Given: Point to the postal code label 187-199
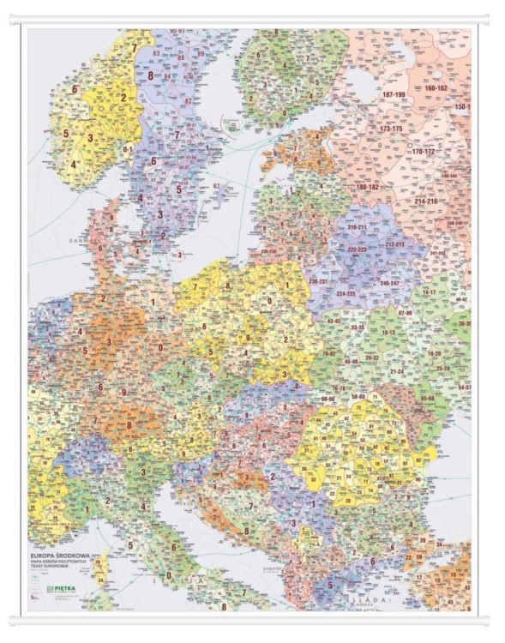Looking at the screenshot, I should point(394,94).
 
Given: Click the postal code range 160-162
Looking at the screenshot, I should point(436,88).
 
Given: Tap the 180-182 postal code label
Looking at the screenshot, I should point(367,186).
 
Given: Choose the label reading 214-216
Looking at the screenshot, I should point(425,201).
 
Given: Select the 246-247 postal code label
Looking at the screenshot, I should point(389,282).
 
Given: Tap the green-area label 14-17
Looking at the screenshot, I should point(429,292).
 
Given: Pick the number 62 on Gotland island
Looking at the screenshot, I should point(217,185).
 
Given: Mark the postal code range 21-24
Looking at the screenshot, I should point(397,372).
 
